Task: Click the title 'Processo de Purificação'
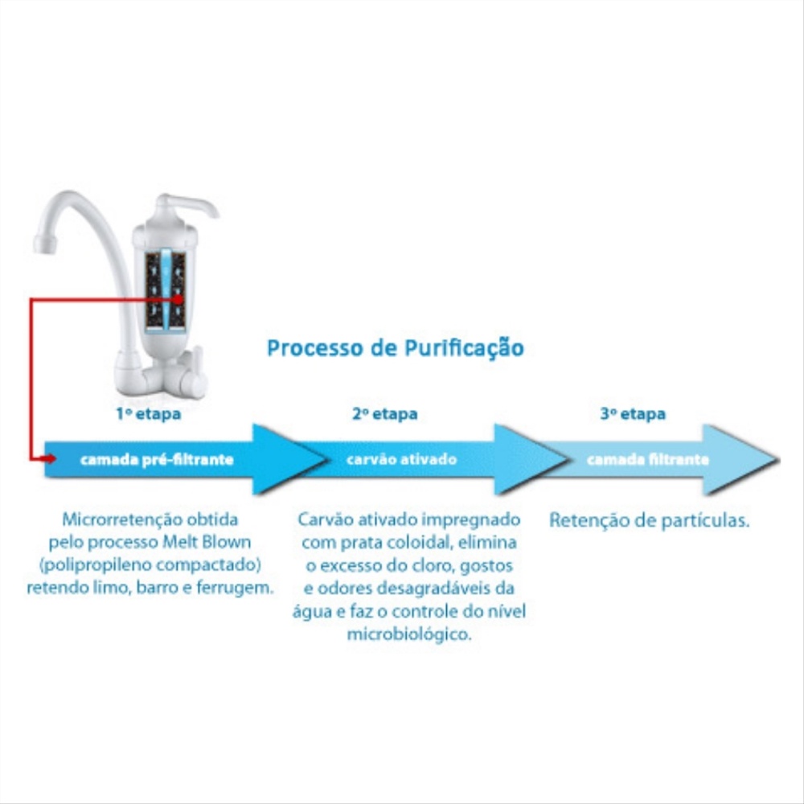click(396, 348)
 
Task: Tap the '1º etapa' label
click(148, 414)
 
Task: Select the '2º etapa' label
click(384, 414)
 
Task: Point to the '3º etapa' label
click(633, 414)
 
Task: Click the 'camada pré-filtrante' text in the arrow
click(157, 459)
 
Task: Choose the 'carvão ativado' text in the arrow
click(401, 459)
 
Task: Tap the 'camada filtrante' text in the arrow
click(648, 459)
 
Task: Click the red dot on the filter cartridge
click(178, 299)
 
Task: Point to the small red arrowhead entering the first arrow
click(50, 458)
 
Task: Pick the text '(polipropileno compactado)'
click(150, 565)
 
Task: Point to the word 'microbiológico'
click(408, 635)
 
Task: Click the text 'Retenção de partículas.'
click(649, 520)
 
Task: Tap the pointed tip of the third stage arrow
click(779, 459)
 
